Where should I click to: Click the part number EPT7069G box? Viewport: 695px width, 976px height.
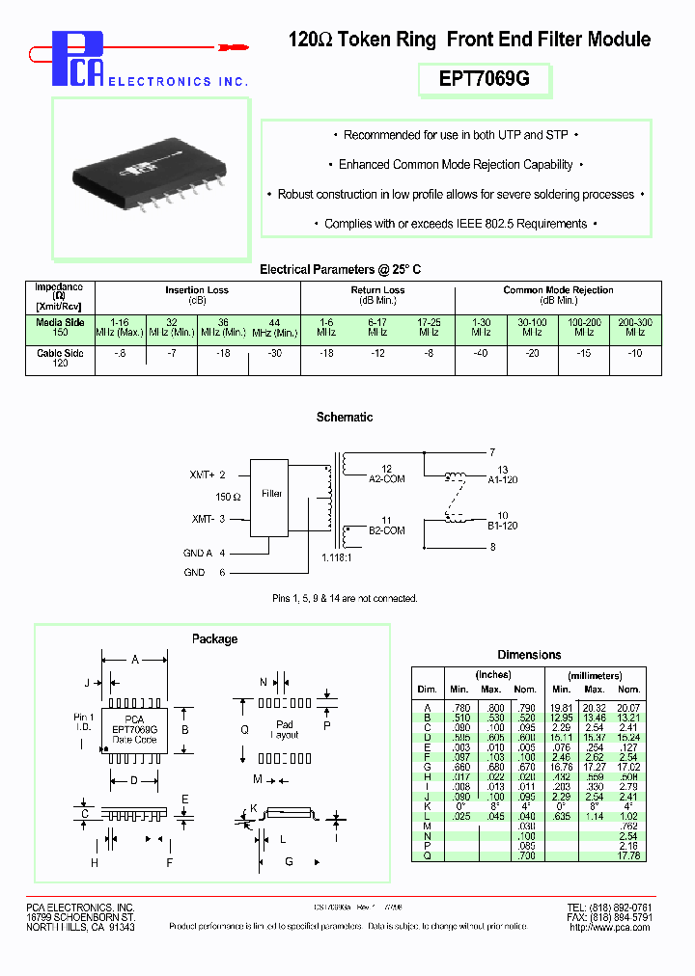tap(484, 80)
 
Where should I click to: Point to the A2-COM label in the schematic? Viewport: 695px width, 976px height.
tap(387, 477)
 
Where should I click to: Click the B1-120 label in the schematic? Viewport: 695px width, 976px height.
tap(503, 526)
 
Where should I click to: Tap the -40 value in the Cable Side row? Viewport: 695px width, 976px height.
tap(480, 354)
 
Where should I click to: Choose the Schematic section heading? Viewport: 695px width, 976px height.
tap(345, 418)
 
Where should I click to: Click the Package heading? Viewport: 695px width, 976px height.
tap(214, 638)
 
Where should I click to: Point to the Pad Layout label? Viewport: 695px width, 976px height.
tap(285, 729)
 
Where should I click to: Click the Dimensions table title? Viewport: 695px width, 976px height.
tap(529, 655)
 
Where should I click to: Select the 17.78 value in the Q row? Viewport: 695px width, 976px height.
tap(628, 854)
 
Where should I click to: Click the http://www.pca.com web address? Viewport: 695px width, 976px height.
tap(611, 928)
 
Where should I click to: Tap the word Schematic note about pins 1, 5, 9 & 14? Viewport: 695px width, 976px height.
tap(345, 599)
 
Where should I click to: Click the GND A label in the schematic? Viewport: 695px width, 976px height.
tap(197, 553)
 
